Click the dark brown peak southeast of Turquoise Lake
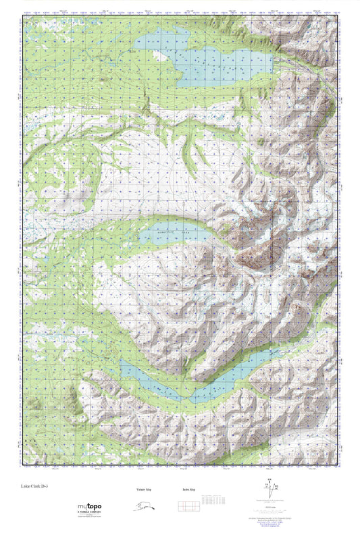click(x=260, y=253)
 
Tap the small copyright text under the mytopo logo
click(x=88, y=518)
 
